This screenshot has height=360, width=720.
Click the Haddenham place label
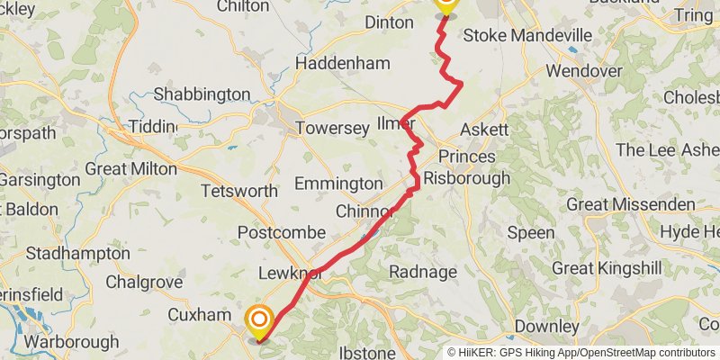click(343, 64)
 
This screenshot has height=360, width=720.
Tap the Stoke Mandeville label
click(526, 36)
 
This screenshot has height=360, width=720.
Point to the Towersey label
click(333, 128)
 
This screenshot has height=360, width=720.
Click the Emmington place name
click(338, 184)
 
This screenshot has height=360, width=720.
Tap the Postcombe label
click(281, 232)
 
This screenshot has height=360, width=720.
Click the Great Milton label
click(130, 168)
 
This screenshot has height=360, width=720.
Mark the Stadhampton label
click(77, 253)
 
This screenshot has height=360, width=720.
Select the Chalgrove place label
click(144, 282)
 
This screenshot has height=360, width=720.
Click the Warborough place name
click(71, 342)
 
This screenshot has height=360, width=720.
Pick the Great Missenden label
click(630, 205)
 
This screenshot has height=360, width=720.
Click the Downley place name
click(545, 326)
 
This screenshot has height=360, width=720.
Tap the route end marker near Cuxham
click(259, 319)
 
